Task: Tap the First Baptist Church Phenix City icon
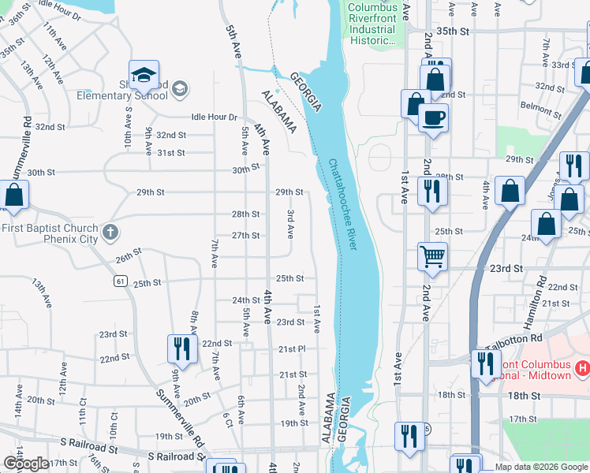[x=111, y=233]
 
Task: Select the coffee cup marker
[x=431, y=119]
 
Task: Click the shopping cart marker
[x=432, y=255]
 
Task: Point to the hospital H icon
[x=584, y=368]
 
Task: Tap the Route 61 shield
[x=120, y=281]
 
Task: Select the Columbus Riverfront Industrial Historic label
[x=373, y=24]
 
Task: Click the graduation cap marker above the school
[x=144, y=75]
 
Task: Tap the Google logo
[x=25, y=464]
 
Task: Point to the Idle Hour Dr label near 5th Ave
[x=214, y=117]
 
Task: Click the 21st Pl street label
[x=291, y=349]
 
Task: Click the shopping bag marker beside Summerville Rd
[x=14, y=195]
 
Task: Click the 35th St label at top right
[x=453, y=31]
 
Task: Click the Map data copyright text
[x=542, y=467]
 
